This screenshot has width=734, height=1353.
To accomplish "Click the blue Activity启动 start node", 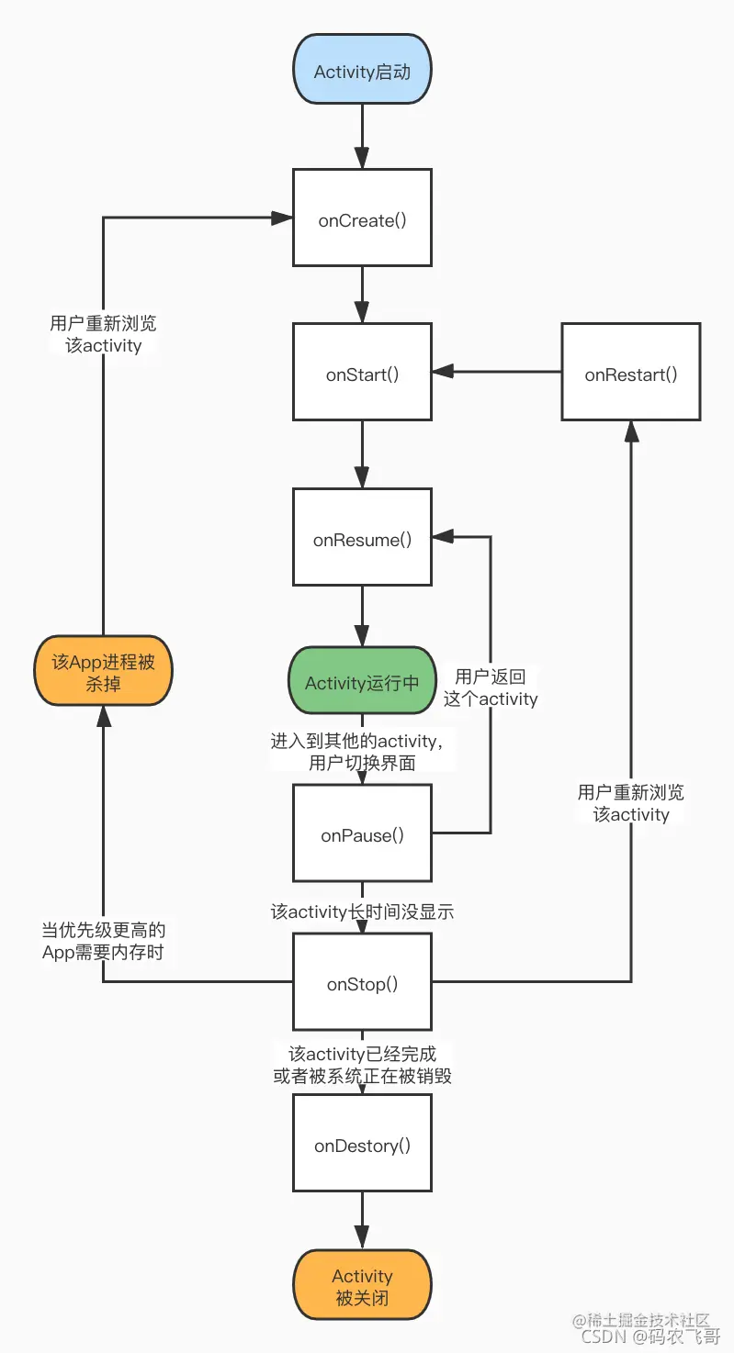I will (x=362, y=71).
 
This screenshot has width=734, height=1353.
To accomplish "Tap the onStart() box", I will (x=362, y=373).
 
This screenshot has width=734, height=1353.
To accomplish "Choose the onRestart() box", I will (x=631, y=373).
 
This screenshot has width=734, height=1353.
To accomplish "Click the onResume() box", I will (x=362, y=538).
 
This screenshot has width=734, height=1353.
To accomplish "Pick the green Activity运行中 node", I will (x=362, y=682).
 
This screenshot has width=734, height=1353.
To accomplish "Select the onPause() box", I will (x=362, y=833).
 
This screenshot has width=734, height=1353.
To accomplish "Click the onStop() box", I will (x=362, y=982).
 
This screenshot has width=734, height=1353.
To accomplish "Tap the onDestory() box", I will (x=362, y=1145).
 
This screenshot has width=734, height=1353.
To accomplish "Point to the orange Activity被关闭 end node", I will (x=362, y=1287).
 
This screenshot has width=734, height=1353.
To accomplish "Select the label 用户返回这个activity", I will (x=491, y=688).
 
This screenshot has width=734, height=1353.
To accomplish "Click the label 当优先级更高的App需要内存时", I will (x=103, y=941).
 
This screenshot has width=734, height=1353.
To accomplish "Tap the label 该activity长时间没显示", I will (x=362, y=911).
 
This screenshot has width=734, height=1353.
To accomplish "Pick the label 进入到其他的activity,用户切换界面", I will (x=362, y=752).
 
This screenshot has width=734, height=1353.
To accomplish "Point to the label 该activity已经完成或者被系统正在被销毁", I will (x=362, y=1065).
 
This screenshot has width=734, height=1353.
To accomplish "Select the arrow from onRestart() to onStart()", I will (x=496, y=372).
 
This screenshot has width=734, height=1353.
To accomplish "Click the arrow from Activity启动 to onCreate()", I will (x=362, y=136).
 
